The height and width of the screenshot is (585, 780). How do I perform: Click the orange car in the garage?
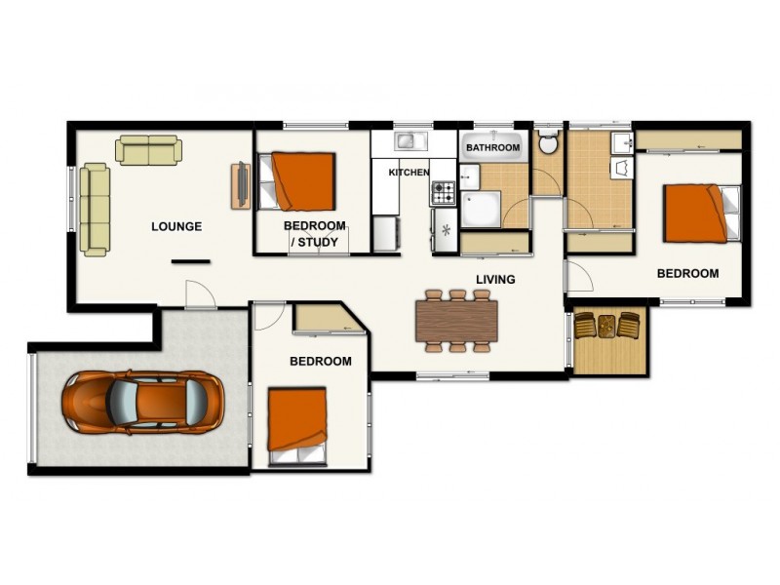click(142, 402)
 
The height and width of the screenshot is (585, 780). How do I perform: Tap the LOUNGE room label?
click(176, 227)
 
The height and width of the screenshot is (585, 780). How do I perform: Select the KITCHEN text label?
click(409, 173)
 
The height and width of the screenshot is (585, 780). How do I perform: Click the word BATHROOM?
click(492, 148)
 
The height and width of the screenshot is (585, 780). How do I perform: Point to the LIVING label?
click(495, 280)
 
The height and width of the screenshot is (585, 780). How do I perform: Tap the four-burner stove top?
click(444, 192)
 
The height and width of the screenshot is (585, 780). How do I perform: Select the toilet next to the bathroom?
click(548, 145)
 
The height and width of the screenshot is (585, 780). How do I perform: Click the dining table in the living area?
click(456, 320)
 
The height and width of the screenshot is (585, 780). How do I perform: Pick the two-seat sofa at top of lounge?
click(148, 150)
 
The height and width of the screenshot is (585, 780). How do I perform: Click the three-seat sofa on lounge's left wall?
click(94, 210)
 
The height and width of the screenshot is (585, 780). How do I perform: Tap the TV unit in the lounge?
click(240, 183)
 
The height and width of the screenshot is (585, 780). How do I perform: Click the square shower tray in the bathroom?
click(480, 209)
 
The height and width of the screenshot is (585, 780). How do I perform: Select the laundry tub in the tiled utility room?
click(621, 169)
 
